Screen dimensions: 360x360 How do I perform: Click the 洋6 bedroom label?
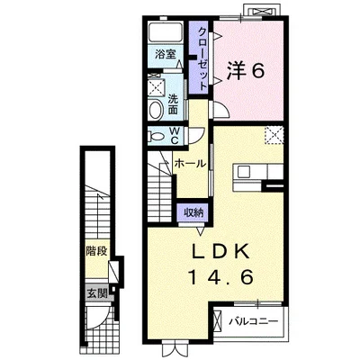coord(246,71)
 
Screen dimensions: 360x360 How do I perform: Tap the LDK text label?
coord(220,251)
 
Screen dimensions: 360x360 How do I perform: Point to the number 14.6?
coord(220,277)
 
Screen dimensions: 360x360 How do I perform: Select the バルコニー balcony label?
coord(254,322)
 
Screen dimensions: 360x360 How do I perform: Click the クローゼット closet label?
coord(202,58)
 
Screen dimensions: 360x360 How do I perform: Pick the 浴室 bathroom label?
coord(166,55)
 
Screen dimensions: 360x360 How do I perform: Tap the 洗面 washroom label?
coord(173,104)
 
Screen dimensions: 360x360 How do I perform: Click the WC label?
coord(175,135)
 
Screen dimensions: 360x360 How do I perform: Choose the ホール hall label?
coord(190,164)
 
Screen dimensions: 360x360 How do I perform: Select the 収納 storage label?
coord(193,212)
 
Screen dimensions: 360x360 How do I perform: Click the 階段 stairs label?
coord(96,251)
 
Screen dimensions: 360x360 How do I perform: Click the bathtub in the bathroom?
coord(166,31)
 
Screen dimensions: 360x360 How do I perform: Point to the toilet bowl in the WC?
coord(156,137)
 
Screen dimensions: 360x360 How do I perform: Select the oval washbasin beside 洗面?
coord(156,110)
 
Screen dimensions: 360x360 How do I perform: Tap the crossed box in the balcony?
coord(217,319)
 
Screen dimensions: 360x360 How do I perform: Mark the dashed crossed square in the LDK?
coord(274,135)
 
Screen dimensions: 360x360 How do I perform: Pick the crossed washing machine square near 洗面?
coord(156,88)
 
